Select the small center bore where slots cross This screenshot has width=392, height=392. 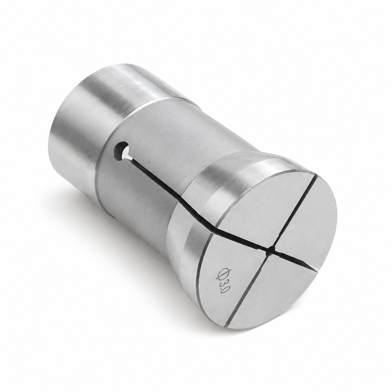tap(271, 249)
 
